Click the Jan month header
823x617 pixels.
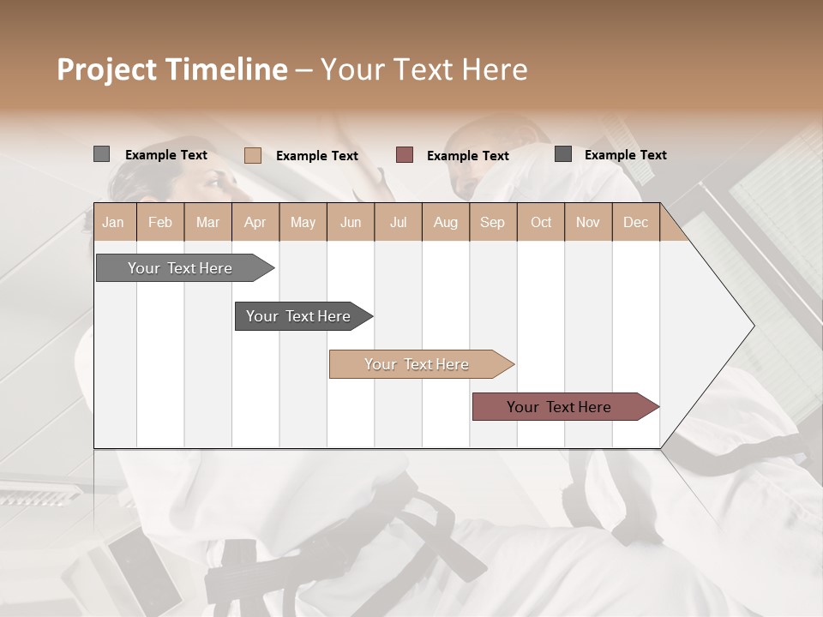point(113,222)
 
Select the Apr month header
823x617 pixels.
point(255,222)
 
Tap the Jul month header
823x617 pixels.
point(398,222)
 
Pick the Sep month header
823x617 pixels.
point(492,222)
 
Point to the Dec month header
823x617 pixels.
point(635,222)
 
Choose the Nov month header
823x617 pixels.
point(587,222)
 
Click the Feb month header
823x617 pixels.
point(160,222)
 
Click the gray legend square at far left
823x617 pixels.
point(101,154)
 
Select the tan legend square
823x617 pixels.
point(252,155)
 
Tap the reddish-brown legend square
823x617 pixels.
point(405,154)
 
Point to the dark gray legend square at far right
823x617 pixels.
point(563,154)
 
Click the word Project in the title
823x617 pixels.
point(105,69)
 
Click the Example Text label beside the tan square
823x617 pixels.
point(316,156)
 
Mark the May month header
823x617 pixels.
point(303,222)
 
